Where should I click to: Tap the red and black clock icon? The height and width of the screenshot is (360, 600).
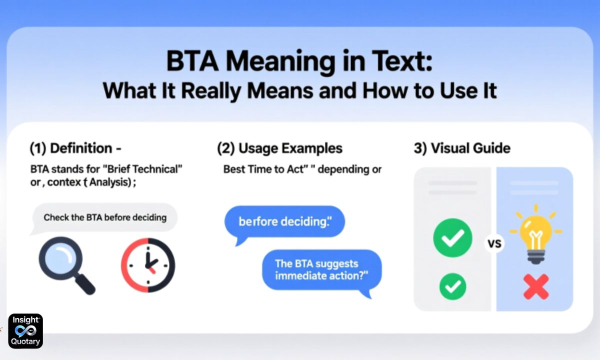[148, 265]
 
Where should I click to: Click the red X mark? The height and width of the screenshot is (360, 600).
[536, 286]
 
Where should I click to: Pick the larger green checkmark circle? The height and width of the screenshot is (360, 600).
[452, 238]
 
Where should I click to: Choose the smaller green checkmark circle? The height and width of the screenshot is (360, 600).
[452, 286]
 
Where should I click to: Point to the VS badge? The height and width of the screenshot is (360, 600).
[494, 244]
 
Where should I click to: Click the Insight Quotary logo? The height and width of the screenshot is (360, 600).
[25, 331]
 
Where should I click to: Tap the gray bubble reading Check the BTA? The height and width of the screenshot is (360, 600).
[104, 217]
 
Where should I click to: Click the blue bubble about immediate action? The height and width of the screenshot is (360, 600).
[322, 270]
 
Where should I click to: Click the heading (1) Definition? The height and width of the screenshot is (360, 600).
[76, 148]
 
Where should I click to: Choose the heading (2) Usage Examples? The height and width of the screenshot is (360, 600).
[279, 148]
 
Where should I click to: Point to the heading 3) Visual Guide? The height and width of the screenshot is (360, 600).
[462, 148]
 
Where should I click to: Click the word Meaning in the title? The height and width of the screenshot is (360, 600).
[280, 61]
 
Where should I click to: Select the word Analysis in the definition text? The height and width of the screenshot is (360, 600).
[110, 182]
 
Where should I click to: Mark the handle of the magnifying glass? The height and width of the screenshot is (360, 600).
[85, 284]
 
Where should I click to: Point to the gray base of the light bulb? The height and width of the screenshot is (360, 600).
[535, 257]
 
